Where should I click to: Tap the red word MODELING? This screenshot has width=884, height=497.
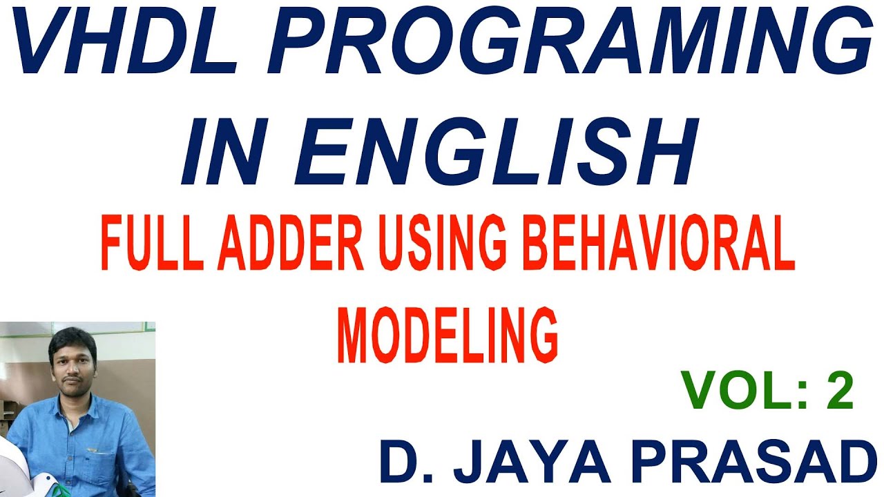[x=448, y=337]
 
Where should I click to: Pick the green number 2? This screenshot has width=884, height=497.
[x=838, y=391]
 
